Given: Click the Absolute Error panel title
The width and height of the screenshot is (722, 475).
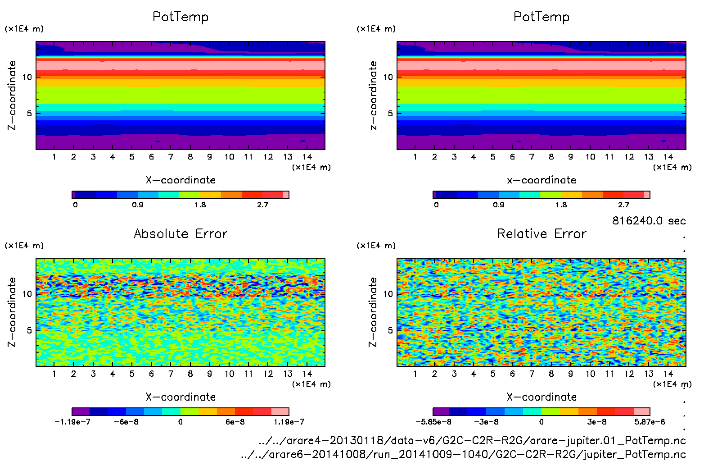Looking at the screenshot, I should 180,233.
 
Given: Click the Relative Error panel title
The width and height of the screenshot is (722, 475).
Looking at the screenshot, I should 541,233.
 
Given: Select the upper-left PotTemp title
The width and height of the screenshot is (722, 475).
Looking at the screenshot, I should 180,17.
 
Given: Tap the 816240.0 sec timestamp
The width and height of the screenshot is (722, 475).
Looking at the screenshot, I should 649,221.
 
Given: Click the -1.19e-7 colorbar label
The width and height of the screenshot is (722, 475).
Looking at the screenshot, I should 72,422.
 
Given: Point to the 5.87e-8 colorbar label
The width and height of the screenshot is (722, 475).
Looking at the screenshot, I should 650,422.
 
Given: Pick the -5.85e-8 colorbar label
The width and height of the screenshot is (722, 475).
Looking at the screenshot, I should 433,422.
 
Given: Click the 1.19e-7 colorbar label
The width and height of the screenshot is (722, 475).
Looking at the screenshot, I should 289,422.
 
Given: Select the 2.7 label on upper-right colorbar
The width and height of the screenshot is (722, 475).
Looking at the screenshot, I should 623,205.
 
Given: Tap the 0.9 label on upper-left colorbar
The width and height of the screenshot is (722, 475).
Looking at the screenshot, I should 138,205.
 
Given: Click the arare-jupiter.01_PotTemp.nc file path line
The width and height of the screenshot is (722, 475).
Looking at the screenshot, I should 472,440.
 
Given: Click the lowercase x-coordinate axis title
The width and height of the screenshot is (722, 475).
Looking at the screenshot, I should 541,180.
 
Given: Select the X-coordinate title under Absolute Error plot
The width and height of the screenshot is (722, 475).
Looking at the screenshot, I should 180,397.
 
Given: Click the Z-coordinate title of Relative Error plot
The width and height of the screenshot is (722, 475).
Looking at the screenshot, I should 373,312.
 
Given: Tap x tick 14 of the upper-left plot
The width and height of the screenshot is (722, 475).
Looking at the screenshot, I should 307,157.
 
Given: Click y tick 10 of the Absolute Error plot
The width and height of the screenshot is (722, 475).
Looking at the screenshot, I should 27,294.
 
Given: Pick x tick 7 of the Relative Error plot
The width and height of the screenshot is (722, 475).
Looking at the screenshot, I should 532,374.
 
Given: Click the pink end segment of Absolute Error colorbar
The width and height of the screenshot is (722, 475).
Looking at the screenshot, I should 280,411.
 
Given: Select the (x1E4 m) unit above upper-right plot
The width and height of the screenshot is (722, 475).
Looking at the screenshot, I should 376,29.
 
